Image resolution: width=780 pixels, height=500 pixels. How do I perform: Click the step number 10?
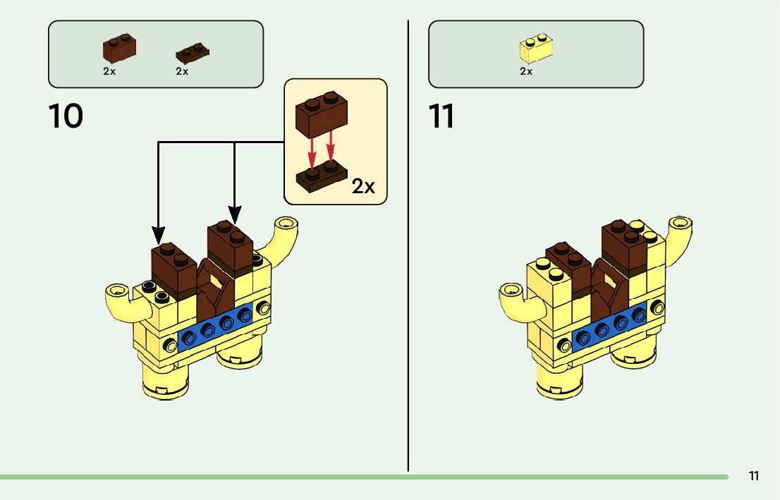66,116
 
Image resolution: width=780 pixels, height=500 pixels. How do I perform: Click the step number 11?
441,116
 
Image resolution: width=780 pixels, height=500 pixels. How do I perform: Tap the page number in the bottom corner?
754,476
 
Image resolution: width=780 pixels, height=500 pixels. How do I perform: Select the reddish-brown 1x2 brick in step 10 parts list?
119,49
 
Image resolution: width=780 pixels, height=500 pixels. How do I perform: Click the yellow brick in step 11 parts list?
535,48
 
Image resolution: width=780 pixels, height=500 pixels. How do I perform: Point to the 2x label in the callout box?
364,186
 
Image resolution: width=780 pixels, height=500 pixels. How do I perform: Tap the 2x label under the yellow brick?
526,71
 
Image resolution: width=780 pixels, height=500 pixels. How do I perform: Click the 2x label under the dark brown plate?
182,71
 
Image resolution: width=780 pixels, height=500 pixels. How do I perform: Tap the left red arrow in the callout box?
312,151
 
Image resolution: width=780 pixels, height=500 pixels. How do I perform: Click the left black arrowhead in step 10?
159,233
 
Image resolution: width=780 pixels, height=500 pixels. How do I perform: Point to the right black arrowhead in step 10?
235,214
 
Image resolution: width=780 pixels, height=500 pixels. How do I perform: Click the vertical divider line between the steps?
408,247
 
